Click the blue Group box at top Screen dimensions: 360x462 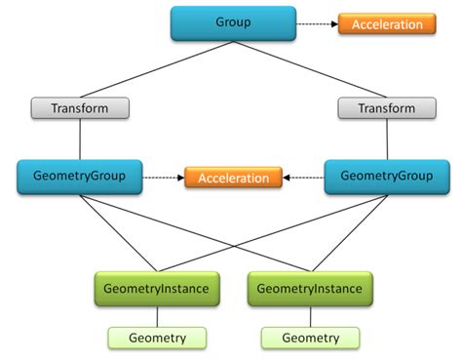[233, 23]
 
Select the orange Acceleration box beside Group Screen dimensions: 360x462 [387, 23]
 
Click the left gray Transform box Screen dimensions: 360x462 [80, 108]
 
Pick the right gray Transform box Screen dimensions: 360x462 [387, 108]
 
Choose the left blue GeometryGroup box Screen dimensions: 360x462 [80, 177]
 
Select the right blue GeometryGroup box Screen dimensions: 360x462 [387, 177]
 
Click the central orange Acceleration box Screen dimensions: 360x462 [234, 178]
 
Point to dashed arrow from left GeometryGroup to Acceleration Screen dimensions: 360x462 [166, 178]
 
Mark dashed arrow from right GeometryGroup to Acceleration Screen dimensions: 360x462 [303, 178]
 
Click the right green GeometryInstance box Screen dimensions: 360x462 [311, 289]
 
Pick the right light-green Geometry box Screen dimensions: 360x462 [311, 338]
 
